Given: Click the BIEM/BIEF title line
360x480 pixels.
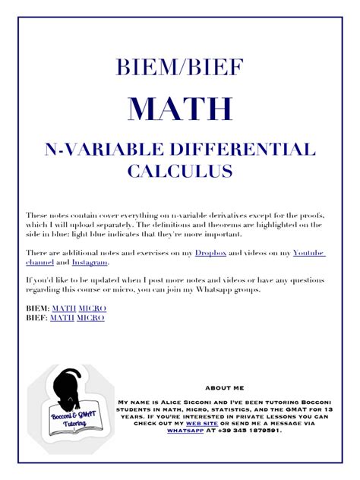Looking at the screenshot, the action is tap(180, 68).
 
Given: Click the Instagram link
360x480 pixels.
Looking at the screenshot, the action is tap(90, 262).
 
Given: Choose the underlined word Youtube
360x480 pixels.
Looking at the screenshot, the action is tap(309, 252).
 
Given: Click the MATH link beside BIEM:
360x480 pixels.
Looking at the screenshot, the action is tap(64, 308).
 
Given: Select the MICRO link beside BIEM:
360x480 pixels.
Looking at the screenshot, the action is tap(93, 308).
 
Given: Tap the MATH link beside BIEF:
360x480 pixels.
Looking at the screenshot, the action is tap(62, 318).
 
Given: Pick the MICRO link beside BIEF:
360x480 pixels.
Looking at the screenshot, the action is tap(91, 318).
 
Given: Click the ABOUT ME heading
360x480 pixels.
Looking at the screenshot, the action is tap(224, 387).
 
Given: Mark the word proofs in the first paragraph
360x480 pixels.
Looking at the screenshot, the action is tap(308, 215).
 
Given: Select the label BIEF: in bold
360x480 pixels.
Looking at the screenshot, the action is tap(36, 318).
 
